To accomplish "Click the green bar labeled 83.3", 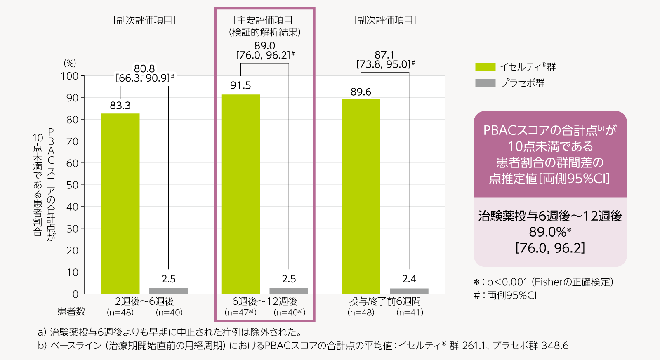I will click(120, 203).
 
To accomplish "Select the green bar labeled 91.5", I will click(240, 194).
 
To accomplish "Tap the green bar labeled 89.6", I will click(361, 196).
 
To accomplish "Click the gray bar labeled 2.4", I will click(409, 291).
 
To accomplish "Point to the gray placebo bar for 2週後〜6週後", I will click(168, 291).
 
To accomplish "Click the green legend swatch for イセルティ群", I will click(485, 67).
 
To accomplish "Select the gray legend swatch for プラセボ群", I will click(485, 83).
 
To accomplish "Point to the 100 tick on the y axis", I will click(69, 76).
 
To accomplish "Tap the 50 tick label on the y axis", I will click(72, 185).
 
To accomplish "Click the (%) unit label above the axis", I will click(70, 63).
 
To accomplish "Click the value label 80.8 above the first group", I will click(144, 68).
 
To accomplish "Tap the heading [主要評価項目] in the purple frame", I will click(264, 20).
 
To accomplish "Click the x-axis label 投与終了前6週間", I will click(385, 301).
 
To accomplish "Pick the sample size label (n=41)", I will click(410, 313).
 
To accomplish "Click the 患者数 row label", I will click(71, 312).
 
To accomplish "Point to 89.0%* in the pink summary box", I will click(550, 232).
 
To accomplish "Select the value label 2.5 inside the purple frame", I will click(289, 279).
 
